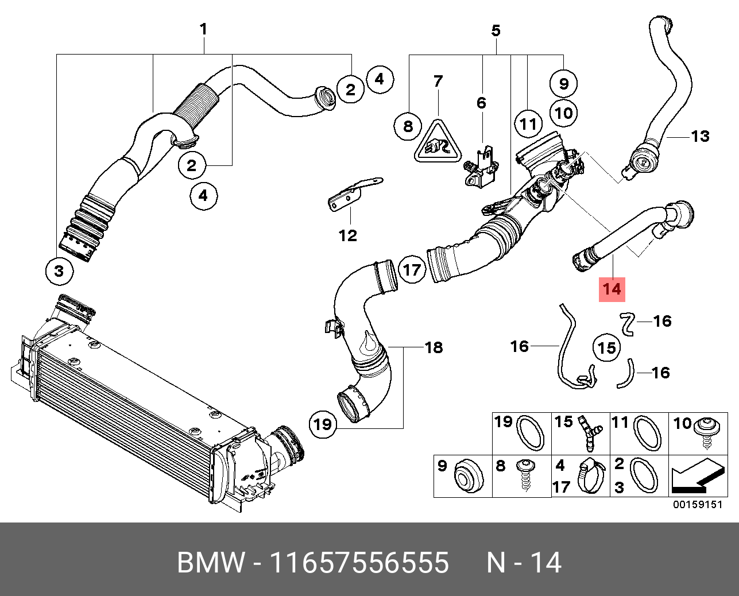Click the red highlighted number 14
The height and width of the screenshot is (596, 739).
(x=612, y=289)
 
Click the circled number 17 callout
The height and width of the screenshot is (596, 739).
(x=411, y=269)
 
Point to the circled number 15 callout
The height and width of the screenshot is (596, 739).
(x=606, y=347)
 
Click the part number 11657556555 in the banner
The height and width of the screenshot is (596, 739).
(x=359, y=563)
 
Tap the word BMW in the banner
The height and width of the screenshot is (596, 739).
(x=211, y=563)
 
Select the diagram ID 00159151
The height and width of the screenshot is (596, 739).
(x=697, y=505)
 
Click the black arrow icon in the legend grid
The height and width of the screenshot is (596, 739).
(x=697, y=477)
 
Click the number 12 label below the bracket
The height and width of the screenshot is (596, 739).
(x=348, y=235)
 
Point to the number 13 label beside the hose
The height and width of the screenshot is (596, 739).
(x=700, y=137)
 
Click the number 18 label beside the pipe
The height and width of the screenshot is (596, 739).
(x=434, y=347)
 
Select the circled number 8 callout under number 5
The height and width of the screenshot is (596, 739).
(x=408, y=126)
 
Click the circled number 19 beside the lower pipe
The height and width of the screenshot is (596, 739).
(x=323, y=424)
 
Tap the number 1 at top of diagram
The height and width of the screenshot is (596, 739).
(x=203, y=29)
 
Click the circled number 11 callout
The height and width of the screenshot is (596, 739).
(x=528, y=123)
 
